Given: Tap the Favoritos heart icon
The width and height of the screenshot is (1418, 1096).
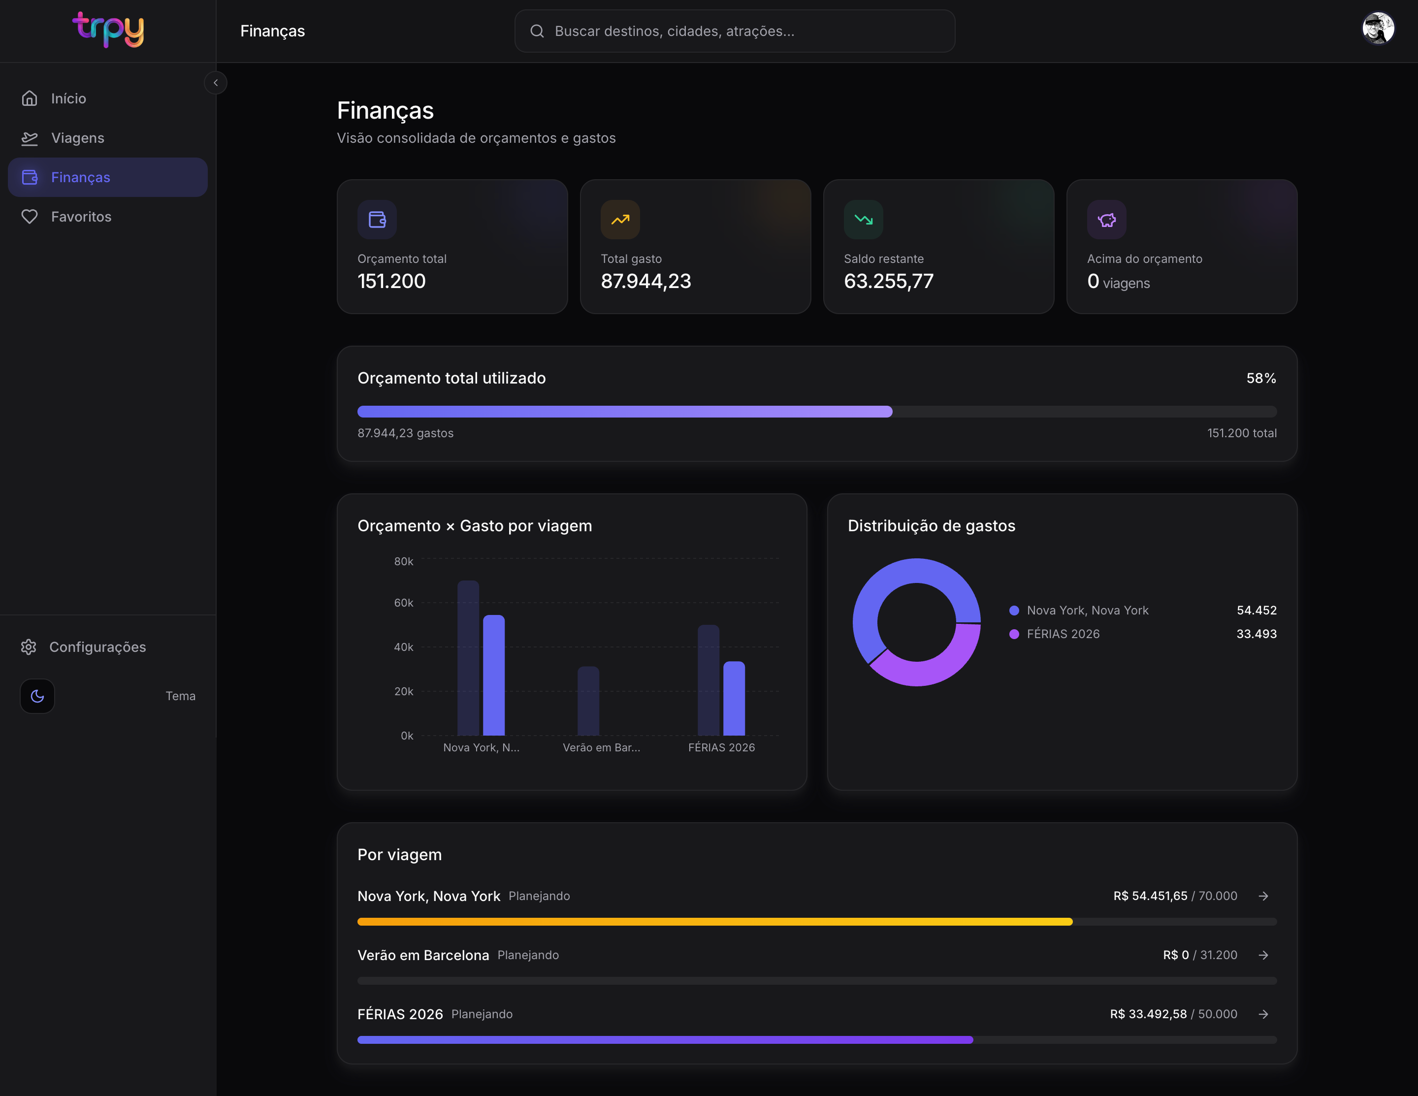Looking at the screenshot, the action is pos(29,217).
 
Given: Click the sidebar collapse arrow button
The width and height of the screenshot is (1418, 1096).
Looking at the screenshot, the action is pos(216,82).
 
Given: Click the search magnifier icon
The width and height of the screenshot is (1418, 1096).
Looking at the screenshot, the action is pos(537,31).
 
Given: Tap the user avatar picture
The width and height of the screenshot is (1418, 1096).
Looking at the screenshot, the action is pos(1378,29).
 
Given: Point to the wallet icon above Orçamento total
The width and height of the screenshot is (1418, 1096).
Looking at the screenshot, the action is pos(377,220).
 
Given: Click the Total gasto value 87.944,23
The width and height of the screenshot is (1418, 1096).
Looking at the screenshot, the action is pos(646,281).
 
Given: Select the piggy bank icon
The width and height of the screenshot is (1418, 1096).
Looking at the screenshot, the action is pos(1106,220).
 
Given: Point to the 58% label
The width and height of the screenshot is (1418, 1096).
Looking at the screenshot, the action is pos(1261,378).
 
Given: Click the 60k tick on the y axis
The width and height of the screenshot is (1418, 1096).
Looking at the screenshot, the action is pos(403,603).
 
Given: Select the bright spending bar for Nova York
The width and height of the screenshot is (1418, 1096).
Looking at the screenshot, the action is pos(494,675).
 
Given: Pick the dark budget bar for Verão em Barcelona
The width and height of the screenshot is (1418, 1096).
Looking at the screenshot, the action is pos(588,701).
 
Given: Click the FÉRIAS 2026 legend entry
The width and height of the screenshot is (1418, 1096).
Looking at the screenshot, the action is pos(1055,634).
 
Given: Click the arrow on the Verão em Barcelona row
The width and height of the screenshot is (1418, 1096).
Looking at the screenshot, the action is pos(1263,955).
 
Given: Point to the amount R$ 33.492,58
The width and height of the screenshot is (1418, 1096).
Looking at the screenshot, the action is pos(1148,1014).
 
